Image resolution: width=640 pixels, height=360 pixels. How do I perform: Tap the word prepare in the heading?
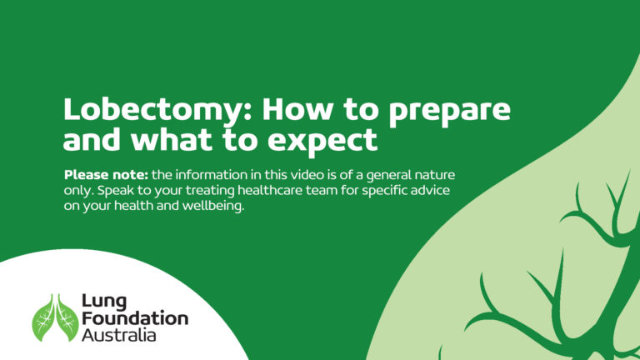point(450,111)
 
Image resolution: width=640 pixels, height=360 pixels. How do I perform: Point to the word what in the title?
point(172,139)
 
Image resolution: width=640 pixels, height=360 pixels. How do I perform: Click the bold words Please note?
point(106,175)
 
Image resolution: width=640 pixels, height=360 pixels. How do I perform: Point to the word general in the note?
point(389,176)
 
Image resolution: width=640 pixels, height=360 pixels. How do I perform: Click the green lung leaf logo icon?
point(56,317)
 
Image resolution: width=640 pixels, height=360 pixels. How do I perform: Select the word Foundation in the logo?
point(135,318)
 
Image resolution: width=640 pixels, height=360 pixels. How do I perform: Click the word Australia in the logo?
point(119,335)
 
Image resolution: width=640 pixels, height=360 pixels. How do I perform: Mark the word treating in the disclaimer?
point(209,191)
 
